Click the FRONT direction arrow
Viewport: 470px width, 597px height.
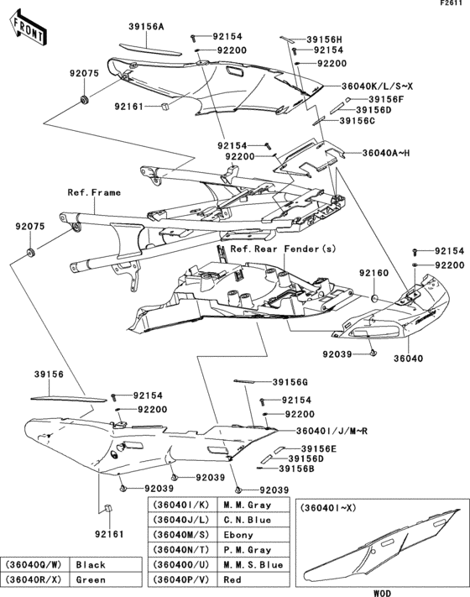pyautogui.click(x=28, y=29)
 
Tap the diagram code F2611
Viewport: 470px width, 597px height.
pyautogui.click(x=451, y=3)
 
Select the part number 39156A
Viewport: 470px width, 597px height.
pyautogui.click(x=146, y=26)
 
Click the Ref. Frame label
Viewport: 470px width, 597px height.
pyautogui.click(x=94, y=192)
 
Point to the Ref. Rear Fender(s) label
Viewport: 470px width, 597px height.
pyautogui.click(x=283, y=249)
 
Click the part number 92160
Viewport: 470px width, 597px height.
pyautogui.click(x=374, y=273)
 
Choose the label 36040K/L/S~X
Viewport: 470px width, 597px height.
pyautogui.click(x=377, y=86)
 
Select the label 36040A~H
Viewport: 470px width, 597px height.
pyautogui.click(x=386, y=153)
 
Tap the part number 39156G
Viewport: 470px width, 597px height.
pyautogui.click(x=290, y=382)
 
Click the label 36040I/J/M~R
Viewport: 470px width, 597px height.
pyautogui.click(x=332, y=431)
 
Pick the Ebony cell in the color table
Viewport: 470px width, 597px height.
pyautogui.click(x=238, y=535)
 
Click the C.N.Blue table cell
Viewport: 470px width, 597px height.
pyautogui.click(x=247, y=520)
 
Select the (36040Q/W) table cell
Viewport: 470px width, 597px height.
pyautogui.click(x=34, y=564)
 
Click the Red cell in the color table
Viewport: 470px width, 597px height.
pyautogui.click(x=232, y=579)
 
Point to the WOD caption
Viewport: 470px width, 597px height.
pyautogui.click(x=382, y=593)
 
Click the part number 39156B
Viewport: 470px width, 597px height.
pyautogui.click(x=296, y=469)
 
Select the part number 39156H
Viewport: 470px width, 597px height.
pyautogui.click(x=324, y=39)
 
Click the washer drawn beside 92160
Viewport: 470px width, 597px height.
pyautogui.click(x=374, y=297)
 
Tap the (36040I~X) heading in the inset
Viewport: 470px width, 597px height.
pyautogui.click(x=327, y=508)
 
